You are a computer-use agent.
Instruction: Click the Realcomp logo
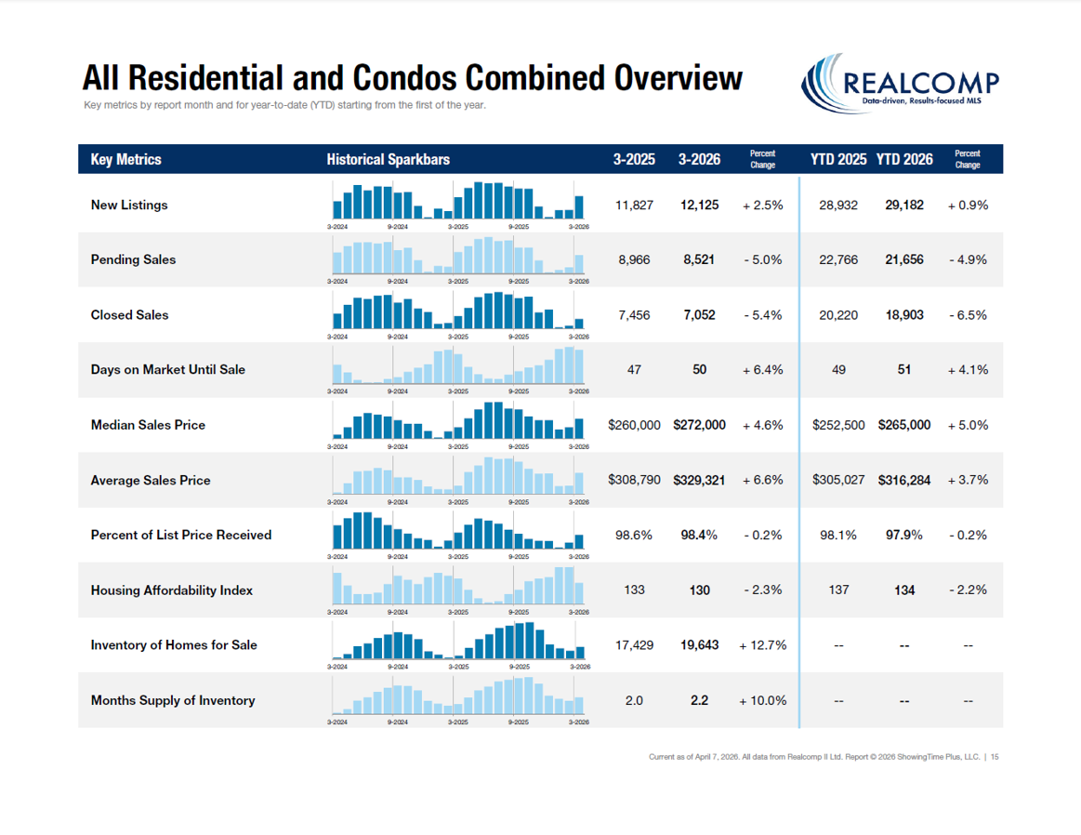click(x=900, y=82)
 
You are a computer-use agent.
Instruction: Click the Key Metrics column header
click(x=125, y=160)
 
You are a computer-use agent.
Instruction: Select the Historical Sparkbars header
click(x=388, y=160)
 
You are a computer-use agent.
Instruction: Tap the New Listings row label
click(x=129, y=205)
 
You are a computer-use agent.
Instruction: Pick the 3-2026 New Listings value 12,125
click(x=699, y=205)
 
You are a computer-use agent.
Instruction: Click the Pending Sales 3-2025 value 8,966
click(x=634, y=260)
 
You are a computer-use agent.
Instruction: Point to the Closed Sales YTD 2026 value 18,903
click(x=903, y=315)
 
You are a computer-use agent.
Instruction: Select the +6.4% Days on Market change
click(x=762, y=370)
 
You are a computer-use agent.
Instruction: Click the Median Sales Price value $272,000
click(x=699, y=425)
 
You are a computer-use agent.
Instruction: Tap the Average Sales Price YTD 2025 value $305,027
click(x=838, y=480)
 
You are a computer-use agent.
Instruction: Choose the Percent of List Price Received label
click(x=181, y=535)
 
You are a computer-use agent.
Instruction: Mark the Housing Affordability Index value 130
click(x=699, y=590)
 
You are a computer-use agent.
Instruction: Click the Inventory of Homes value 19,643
click(x=699, y=645)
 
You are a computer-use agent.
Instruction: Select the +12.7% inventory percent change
click(x=763, y=645)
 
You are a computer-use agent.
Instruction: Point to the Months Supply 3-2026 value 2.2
click(x=699, y=700)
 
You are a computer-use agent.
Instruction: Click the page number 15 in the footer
click(x=995, y=757)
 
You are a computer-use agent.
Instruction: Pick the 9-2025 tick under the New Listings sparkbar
click(x=518, y=226)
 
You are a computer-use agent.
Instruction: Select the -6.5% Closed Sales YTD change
click(x=968, y=315)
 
